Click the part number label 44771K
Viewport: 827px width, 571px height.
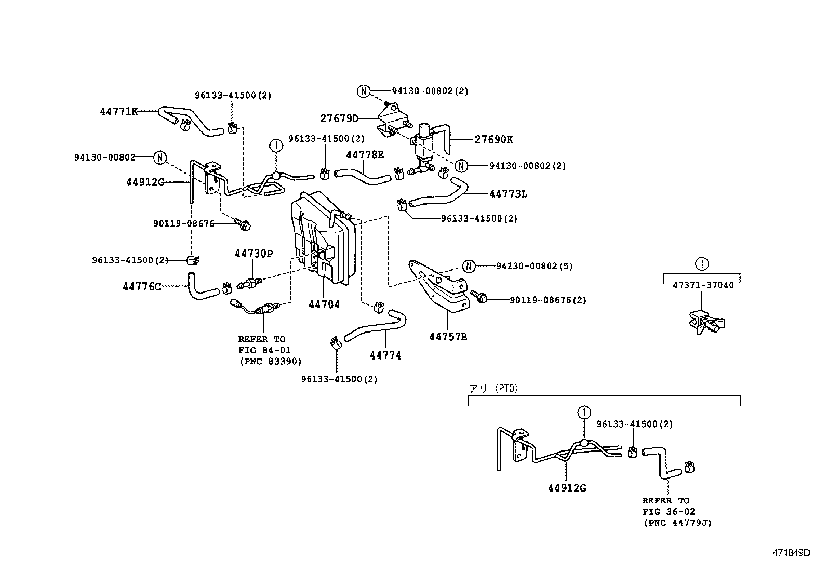point(119,111)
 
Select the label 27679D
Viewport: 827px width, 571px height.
point(339,118)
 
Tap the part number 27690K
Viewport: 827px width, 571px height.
point(493,139)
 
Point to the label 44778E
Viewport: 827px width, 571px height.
point(365,154)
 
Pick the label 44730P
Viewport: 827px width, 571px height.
point(254,254)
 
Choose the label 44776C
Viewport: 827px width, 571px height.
point(142,286)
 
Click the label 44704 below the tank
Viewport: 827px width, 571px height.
point(324,304)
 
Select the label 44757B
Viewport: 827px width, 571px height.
point(448,337)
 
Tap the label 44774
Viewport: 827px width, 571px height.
point(385,356)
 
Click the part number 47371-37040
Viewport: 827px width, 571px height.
point(703,285)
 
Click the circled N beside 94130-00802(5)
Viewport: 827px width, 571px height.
point(469,266)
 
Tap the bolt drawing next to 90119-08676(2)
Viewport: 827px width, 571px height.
point(479,297)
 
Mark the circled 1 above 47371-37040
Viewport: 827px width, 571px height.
point(702,263)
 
